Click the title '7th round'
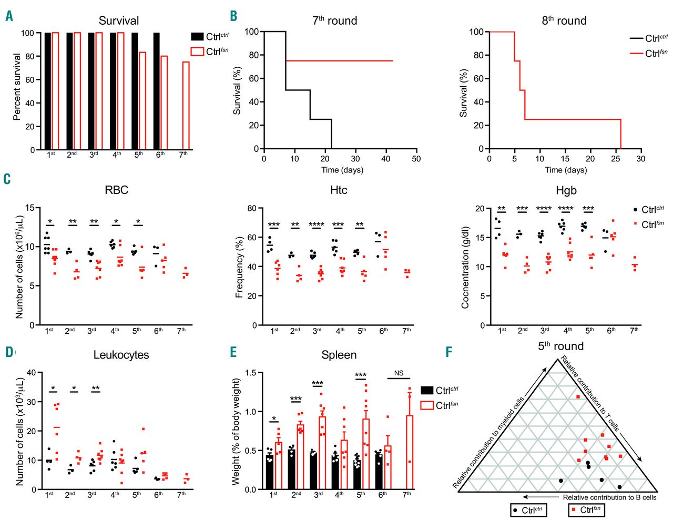[334, 21]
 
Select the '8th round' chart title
[564, 21]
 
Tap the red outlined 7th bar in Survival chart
[186, 105]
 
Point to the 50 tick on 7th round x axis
[416, 159]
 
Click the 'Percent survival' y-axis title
[17, 87]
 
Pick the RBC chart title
[116, 190]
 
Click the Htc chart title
[339, 190]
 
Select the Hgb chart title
[566, 190]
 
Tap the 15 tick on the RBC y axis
[30, 208]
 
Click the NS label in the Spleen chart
[399, 373]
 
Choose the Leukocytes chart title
[121, 355]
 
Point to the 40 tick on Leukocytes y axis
[31, 373]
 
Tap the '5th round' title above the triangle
[560, 346]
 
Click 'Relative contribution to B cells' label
[609, 497]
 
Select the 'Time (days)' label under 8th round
[566, 170]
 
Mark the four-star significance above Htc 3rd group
[317, 224]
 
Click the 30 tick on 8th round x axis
[640, 159]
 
